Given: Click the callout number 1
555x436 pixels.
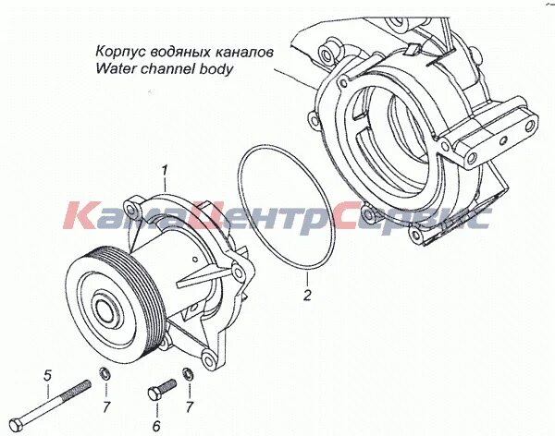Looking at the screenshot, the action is pyautogui.click(x=164, y=171).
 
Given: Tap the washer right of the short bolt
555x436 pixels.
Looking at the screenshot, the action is pyautogui.click(x=188, y=374).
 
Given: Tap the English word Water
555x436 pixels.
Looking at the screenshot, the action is pyautogui.click(x=114, y=68).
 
